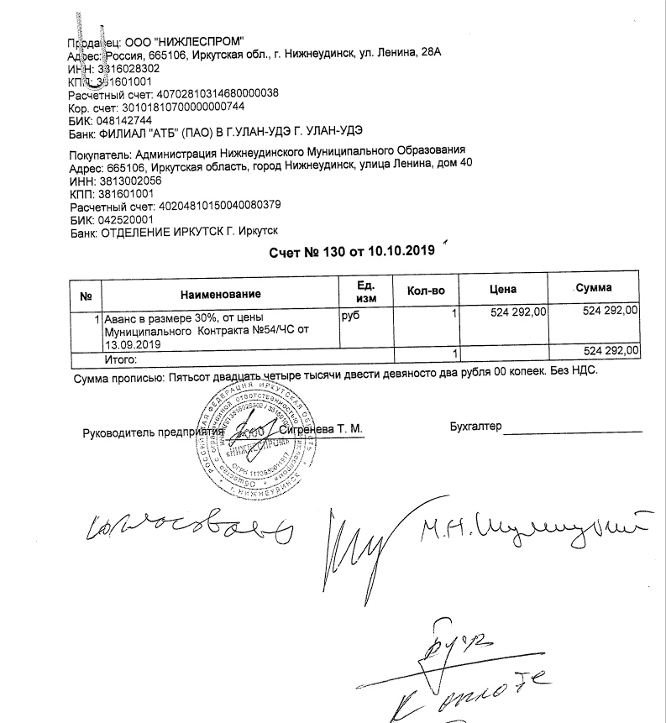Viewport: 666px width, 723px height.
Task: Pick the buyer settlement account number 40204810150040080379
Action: click(219, 205)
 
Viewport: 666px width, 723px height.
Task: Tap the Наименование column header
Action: click(220, 294)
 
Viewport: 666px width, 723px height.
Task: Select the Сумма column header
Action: click(594, 288)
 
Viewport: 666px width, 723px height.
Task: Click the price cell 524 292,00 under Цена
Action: click(518, 312)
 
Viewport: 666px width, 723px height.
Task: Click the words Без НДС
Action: click(573, 371)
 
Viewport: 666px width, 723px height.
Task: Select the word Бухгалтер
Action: click(475, 427)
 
